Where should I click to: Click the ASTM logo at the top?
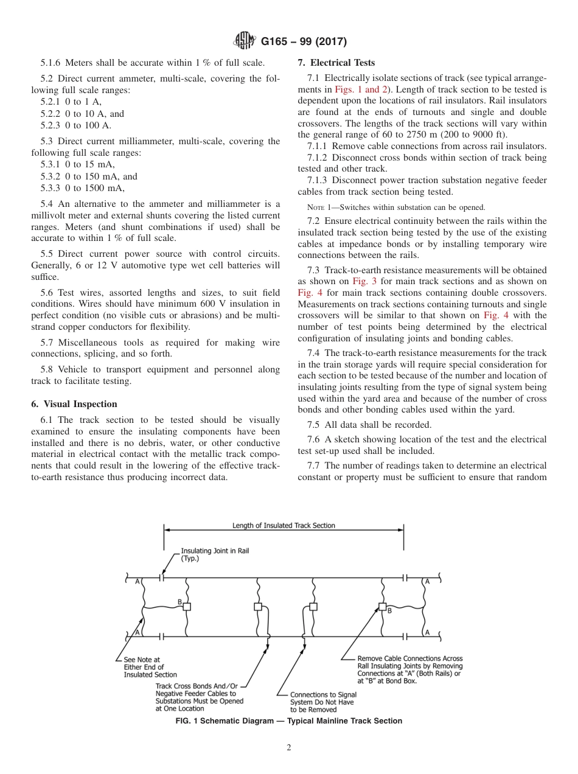pyautogui.click(x=245, y=41)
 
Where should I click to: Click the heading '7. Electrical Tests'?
pyautogui.click(x=336, y=63)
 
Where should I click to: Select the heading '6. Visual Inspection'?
pyautogui.click(x=74, y=404)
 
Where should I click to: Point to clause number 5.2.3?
pyautogui.click(x=52, y=125)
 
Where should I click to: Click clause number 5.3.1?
pyautogui.click(x=52, y=164)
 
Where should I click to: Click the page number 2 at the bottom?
pyautogui.click(x=288, y=748)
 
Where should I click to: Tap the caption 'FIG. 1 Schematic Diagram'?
pyautogui.click(x=288, y=720)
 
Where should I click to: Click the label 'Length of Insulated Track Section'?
pyautogui.click(x=284, y=525)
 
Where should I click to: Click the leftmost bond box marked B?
pyautogui.click(x=187, y=607)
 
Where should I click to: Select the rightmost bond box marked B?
pyautogui.click(x=383, y=607)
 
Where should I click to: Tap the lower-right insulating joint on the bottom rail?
pyautogui.click(x=405, y=636)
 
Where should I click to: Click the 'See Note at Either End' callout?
pyautogui.click(x=150, y=667)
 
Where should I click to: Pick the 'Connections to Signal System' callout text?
pyautogui.click(x=323, y=702)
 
